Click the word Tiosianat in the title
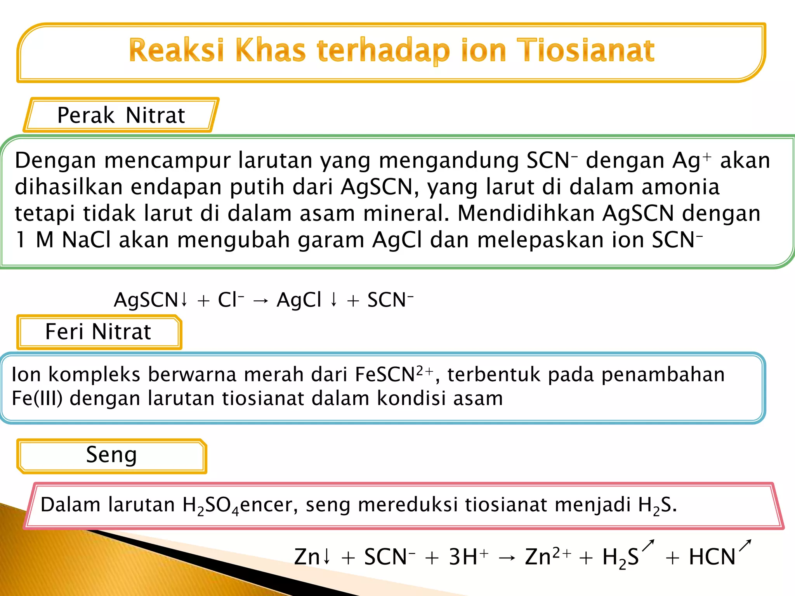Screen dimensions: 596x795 pos(587,51)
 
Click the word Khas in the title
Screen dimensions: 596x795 pos(270,51)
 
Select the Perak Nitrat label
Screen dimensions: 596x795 pos(121,115)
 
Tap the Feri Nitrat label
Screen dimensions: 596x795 pos(98,332)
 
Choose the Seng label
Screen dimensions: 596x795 pos(111,455)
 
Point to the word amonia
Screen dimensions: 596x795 pos(680,187)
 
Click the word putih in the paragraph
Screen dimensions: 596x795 pos(257,187)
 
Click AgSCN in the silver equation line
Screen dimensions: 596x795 pos(146,300)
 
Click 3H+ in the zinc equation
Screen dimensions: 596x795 pos(468,557)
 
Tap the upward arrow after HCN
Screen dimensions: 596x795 pos(745,546)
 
